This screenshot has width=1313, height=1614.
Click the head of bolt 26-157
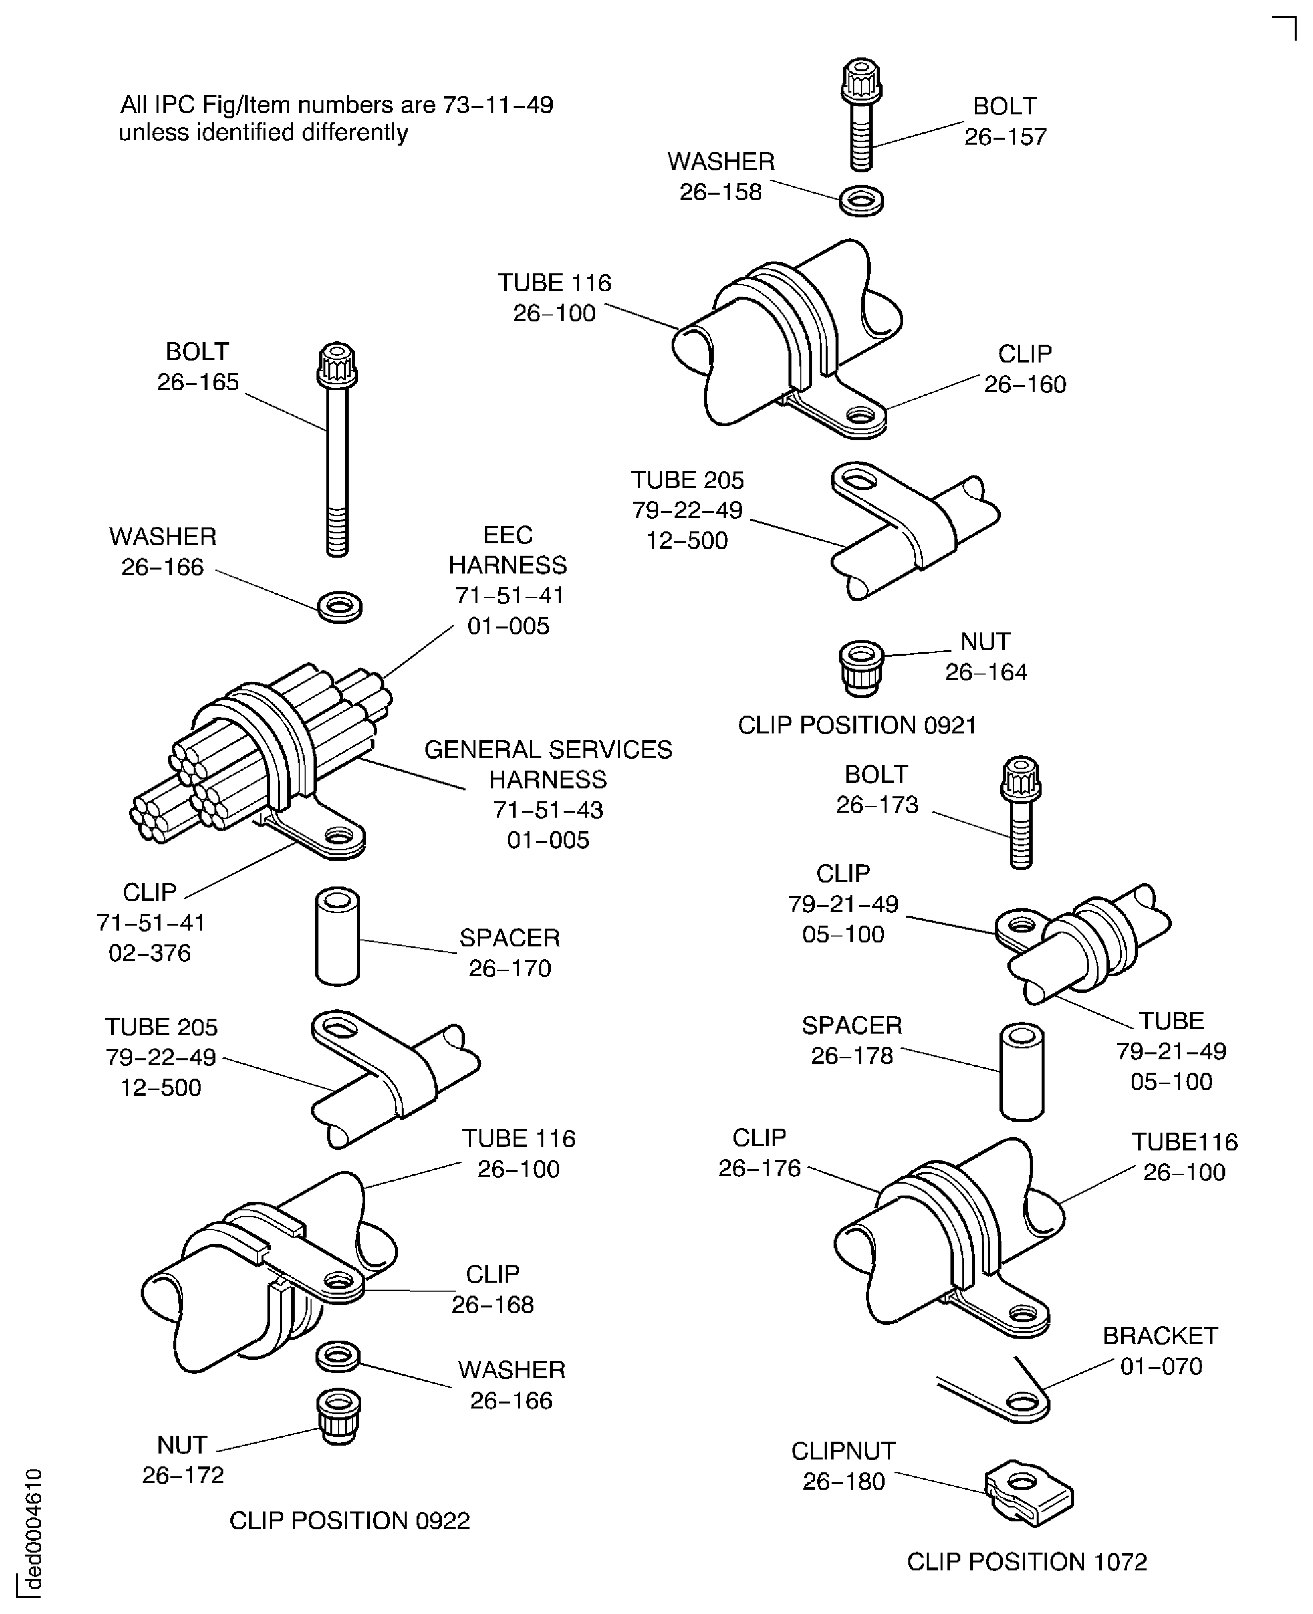coord(861,79)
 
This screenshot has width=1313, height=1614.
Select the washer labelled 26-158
coord(861,201)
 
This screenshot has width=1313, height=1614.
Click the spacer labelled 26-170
coord(337,937)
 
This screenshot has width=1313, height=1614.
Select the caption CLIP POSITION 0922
coord(350,1520)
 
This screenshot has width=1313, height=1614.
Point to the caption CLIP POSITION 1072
coord(1026,1562)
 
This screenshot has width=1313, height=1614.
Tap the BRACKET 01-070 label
coord(1160,1351)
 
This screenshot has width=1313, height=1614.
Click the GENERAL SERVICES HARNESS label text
coord(548,764)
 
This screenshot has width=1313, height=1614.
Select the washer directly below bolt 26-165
coord(340,607)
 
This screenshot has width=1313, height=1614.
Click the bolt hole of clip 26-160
coord(860,415)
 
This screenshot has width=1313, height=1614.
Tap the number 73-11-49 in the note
coord(498,104)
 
